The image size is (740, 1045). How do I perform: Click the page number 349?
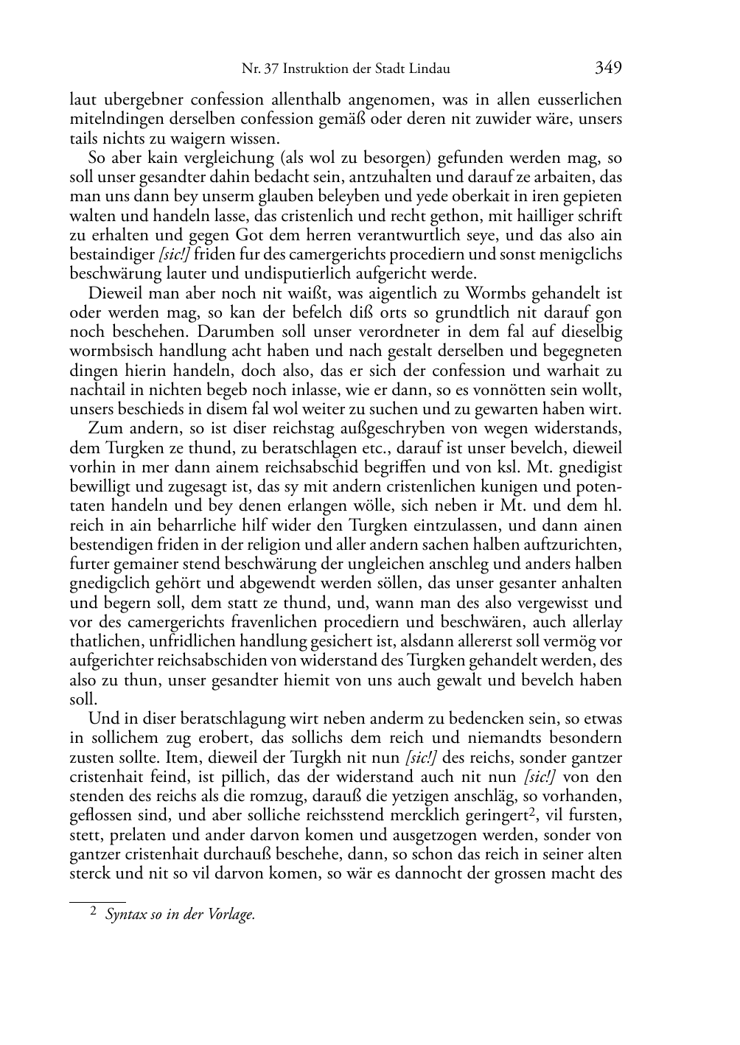(608, 69)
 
